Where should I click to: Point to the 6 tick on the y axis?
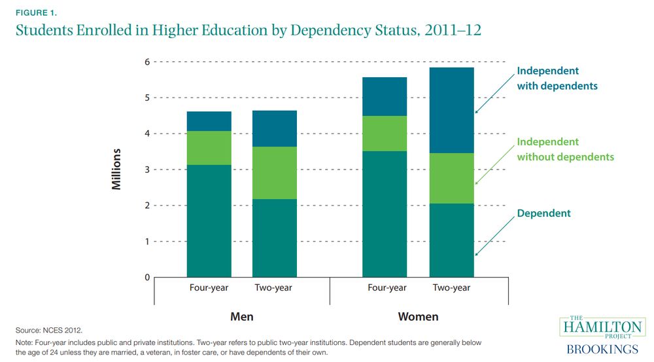point(147,62)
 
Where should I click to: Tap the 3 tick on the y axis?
point(147,170)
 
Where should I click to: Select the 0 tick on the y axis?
point(147,278)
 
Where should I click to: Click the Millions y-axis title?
point(117,169)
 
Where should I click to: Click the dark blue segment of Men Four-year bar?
point(209,121)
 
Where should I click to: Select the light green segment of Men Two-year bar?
point(275,173)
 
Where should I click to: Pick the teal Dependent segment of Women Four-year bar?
point(385,214)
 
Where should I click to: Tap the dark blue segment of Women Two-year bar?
point(451,110)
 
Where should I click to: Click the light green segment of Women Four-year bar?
point(385,134)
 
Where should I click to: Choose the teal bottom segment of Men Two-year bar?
point(275,238)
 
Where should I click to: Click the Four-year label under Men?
point(209,288)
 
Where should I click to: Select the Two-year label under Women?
point(451,288)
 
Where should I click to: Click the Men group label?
point(242,317)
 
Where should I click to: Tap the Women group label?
point(418,317)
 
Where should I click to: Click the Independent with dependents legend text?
point(557,78)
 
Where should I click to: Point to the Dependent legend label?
point(543,213)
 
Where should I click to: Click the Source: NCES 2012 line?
point(49,331)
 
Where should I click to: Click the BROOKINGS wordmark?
point(602,350)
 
